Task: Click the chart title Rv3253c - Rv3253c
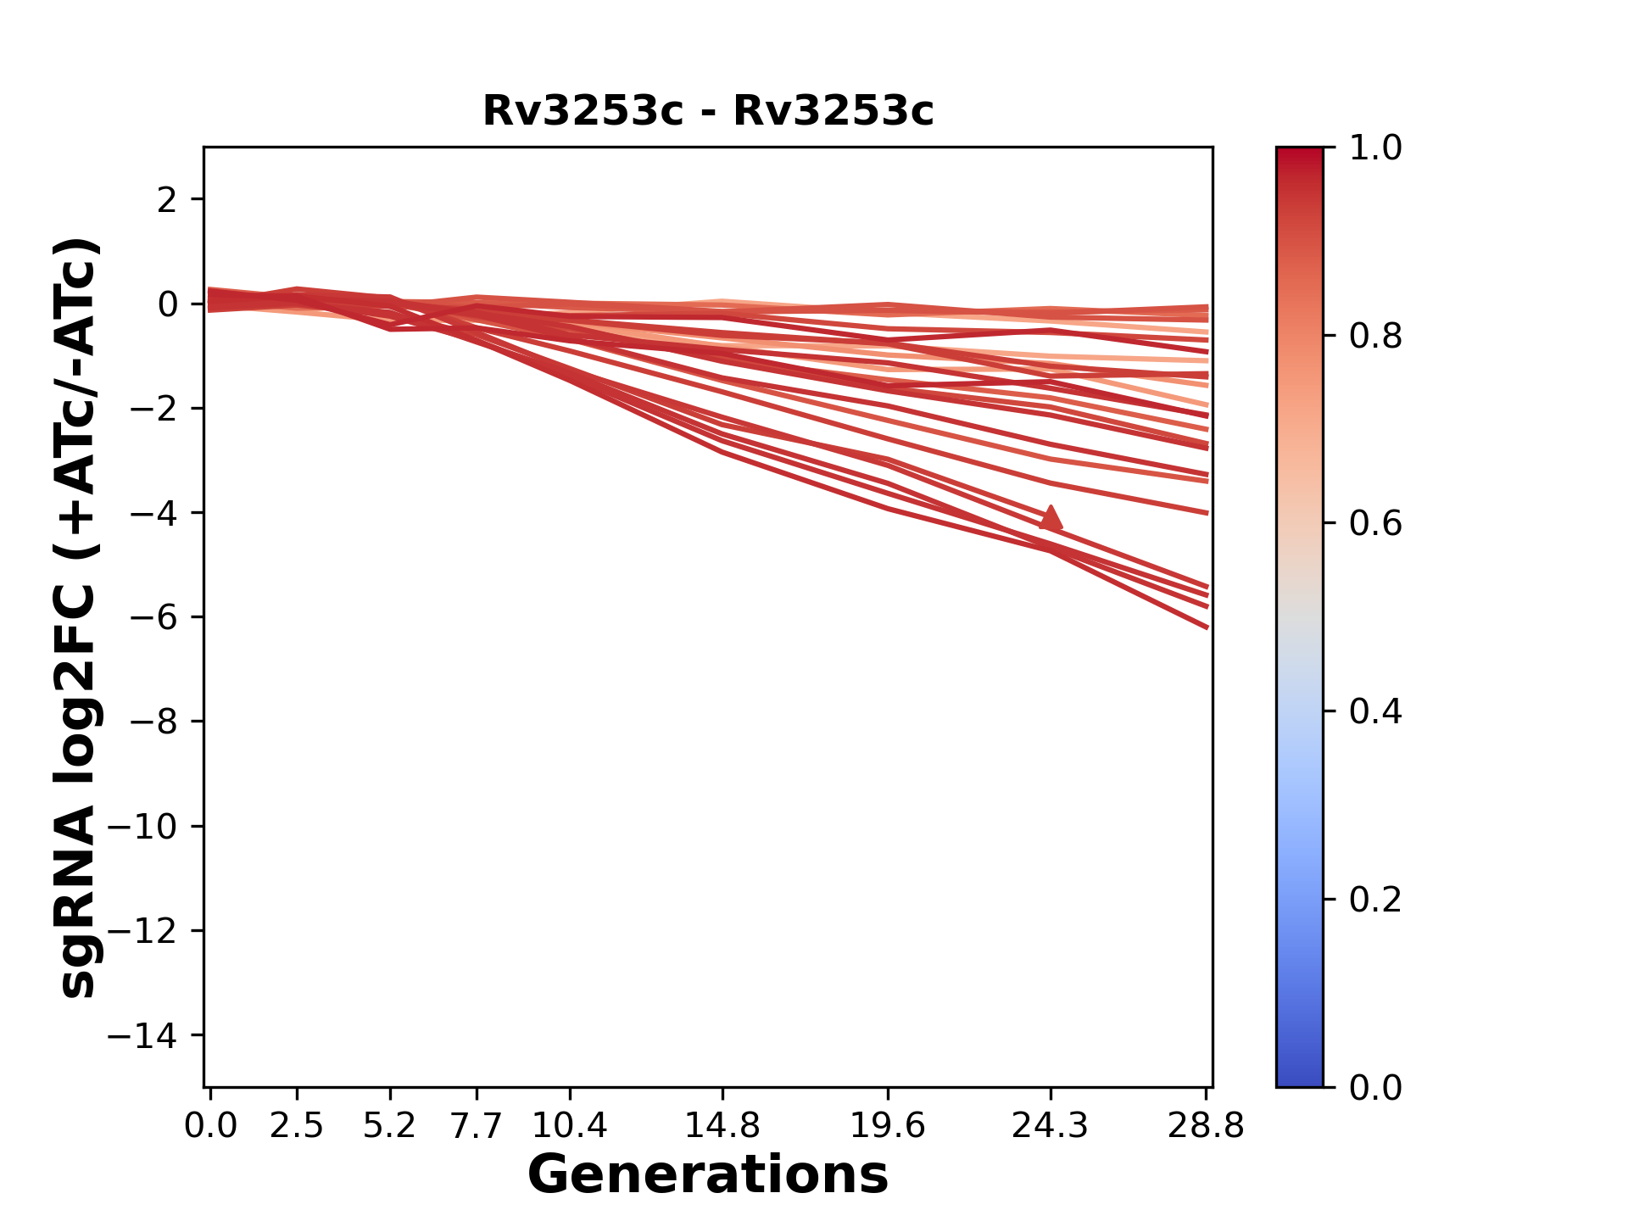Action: (708, 111)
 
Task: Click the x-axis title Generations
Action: (708, 1175)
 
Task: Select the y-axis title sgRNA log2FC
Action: (78, 617)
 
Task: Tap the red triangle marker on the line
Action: (1051, 518)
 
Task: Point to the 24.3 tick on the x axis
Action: (1051, 1126)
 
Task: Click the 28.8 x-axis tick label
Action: (1206, 1126)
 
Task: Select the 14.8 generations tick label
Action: (722, 1126)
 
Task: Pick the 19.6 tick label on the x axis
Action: (887, 1126)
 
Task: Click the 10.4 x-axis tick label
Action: (570, 1126)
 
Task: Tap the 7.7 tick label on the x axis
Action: (477, 1126)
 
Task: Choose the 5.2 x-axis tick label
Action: (389, 1126)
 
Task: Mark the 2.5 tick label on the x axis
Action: (297, 1126)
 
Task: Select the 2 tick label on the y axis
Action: (168, 200)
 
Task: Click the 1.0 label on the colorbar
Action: (1375, 148)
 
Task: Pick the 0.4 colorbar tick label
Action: (1375, 711)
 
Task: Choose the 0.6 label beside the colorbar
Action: (1375, 524)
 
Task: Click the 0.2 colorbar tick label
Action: (1375, 900)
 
